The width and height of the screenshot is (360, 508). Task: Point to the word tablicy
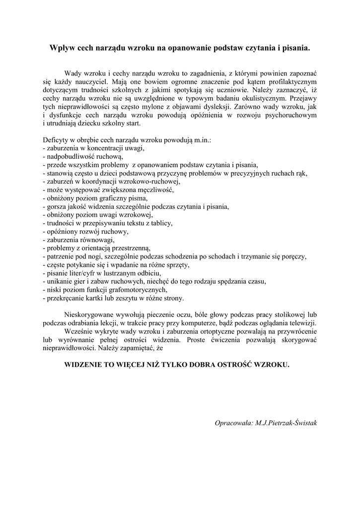(x=161, y=223)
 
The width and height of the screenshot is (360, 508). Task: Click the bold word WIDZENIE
(x=86, y=365)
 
